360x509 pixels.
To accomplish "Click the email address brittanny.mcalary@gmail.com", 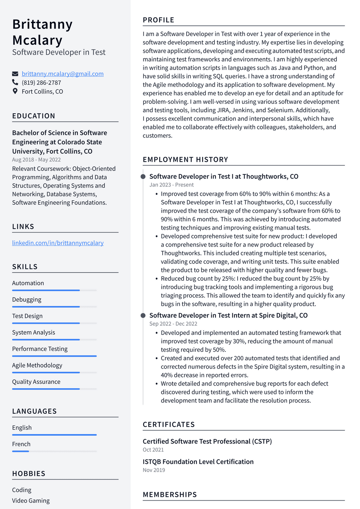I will point(63,74).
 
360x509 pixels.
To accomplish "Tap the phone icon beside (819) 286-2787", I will point(15,82).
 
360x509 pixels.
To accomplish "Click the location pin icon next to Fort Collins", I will point(15,91).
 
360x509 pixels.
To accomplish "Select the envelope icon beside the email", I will point(15,74).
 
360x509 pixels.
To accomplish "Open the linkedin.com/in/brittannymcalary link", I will point(58,243).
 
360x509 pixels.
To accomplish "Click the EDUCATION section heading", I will point(34,116).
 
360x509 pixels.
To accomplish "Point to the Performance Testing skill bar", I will point(54,356).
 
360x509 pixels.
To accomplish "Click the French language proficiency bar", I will point(54,451).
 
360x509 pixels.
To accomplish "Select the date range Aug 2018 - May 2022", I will point(36,160).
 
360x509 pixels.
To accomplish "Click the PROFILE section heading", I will point(159,20).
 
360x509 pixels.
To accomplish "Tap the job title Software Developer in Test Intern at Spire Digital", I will point(228,316).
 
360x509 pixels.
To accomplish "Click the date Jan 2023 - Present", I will point(171,185).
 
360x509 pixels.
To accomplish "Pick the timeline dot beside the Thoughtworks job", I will point(143,177).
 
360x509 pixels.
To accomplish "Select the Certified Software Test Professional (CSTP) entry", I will point(207,441).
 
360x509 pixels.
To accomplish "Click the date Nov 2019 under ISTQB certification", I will point(154,470).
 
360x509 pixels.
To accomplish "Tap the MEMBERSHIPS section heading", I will point(169,495).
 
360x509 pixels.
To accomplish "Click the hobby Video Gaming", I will point(31,501).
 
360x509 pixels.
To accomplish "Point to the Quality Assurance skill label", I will point(36,382).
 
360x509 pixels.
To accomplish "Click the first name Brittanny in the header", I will point(43,25).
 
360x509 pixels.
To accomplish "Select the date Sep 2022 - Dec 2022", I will point(173,324).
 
